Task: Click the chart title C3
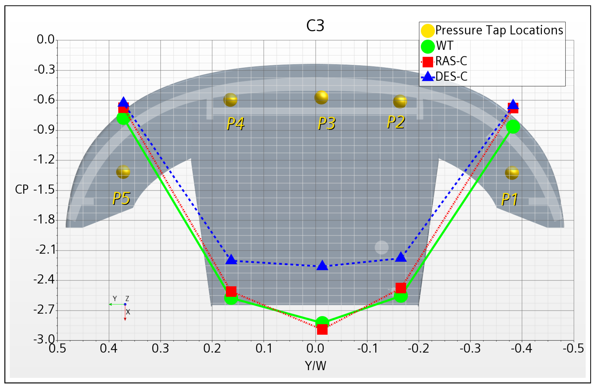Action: pos(315,26)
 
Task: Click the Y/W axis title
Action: pos(315,366)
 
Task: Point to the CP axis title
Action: pos(22,190)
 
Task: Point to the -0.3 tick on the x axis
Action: pos(470,349)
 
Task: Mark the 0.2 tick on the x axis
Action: pos(212,349)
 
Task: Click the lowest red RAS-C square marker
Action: pos(322,329)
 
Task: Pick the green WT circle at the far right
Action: pos(513,127)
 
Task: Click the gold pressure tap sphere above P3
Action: pos(321,97)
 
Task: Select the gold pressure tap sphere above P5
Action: pos(123,172)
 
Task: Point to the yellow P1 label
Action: pos(509,199)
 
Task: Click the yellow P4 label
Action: pos(235,124)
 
